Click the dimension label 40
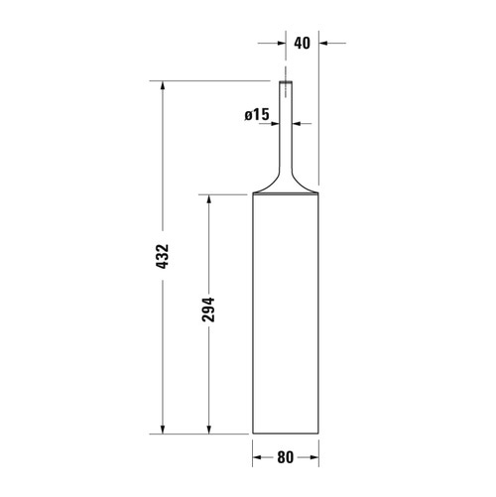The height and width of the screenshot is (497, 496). tap(303, 43)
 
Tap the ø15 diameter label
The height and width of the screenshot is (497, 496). tap(257, 114)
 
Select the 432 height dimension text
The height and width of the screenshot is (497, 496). tap(163, 256)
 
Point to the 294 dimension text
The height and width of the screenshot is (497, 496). tap(208, 310)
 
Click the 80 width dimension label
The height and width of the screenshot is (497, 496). tap(286, 457)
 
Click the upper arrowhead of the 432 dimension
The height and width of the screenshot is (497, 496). tap(163, 85)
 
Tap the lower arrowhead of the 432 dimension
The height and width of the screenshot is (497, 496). tap(163, 430)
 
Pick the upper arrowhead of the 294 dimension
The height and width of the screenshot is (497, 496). tap(208, 199)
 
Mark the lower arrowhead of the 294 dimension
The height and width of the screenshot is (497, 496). tap(208, 430)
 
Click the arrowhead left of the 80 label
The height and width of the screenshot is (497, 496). tap(257, 457)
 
